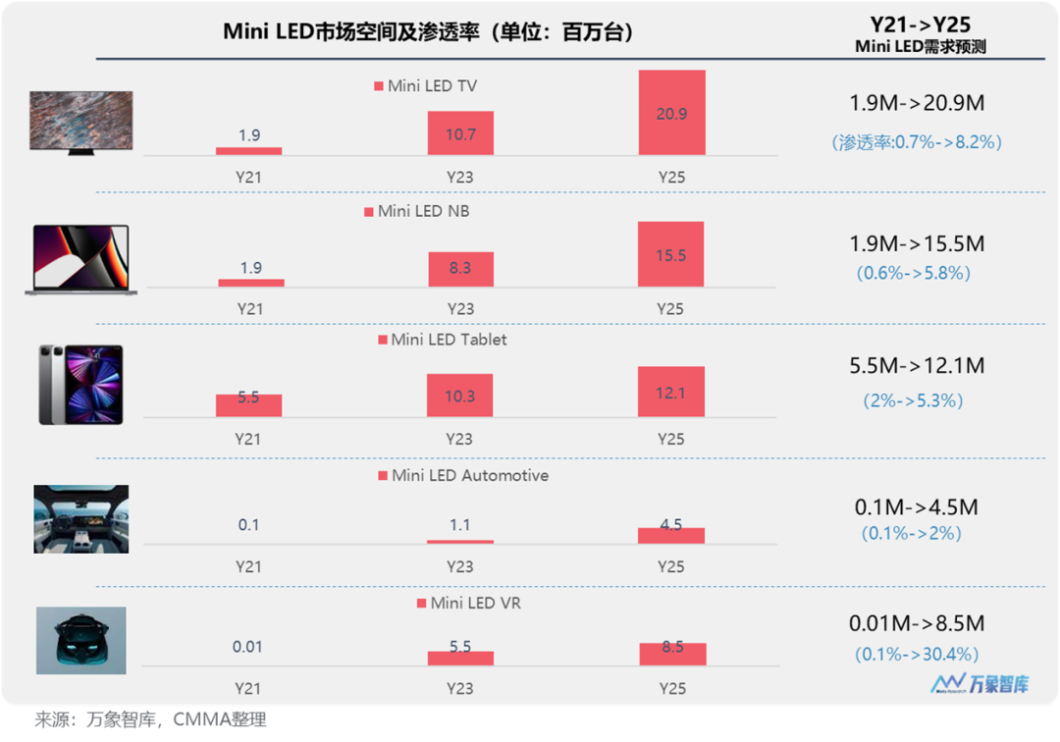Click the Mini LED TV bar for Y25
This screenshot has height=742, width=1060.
click(671, 113)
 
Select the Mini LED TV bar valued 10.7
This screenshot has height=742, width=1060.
click(460, 132)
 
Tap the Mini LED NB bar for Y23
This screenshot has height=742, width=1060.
click(460, 269)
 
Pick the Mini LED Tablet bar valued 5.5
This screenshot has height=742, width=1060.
click(249, 405)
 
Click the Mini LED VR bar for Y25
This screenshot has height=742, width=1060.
click(672, 654)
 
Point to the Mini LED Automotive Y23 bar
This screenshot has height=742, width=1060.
click(460, 541)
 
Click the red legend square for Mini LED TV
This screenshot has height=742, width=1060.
click(379, 86)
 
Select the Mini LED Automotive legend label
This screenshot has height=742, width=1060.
click(470, 476)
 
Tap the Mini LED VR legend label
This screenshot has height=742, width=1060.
click(475, 603)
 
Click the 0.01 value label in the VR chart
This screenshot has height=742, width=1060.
click(248, 647)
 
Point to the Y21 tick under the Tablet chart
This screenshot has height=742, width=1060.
click(249, 440)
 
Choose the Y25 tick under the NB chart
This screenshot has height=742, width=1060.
click(671, 309)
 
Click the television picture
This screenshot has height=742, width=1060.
click(80, 122)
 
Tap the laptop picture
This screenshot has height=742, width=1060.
click(80, 260)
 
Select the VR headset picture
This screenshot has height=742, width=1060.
click(80, 641)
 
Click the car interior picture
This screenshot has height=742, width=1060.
click(80, 518)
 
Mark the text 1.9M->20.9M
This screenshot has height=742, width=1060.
click(917, 103)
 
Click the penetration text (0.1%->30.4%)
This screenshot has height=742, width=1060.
click(917, 654)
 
